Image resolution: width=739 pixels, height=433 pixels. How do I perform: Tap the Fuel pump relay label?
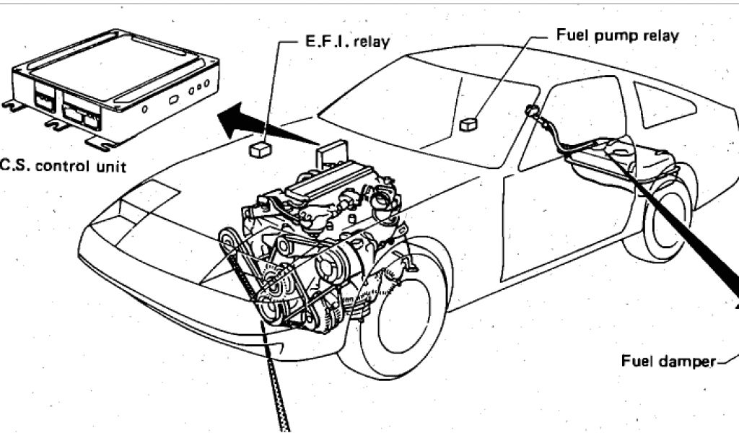617,35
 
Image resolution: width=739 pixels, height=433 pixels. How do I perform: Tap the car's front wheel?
404,318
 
